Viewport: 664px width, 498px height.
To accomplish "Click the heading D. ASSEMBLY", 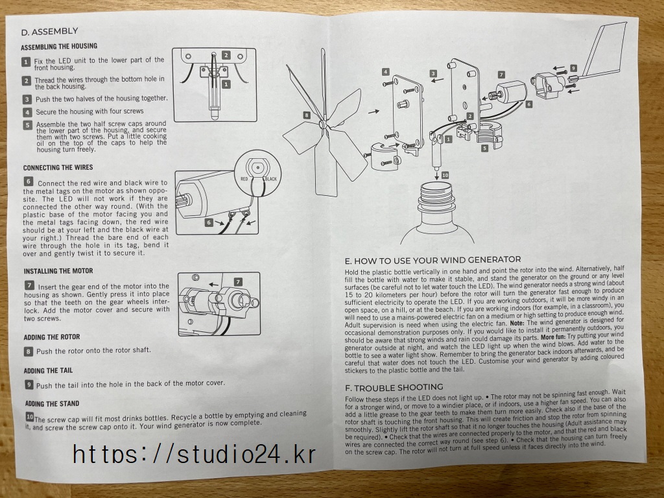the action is tap(49, 31).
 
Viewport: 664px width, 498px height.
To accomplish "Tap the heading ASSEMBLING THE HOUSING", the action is tap(59, 46).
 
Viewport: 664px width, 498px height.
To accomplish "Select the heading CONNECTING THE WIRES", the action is tap(58, 168).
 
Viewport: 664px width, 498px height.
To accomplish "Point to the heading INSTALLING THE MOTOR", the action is tap(58, 271).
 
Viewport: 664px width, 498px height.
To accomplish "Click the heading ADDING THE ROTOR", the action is tap(52, 337).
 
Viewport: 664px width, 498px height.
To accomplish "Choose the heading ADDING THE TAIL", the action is tap(48, 370).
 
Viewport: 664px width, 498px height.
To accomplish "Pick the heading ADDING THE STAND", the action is tap(52, 403).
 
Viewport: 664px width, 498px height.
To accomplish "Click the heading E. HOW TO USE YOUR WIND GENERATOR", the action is tap(433, 260).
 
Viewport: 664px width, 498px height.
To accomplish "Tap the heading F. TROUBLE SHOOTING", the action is tap(394, 388).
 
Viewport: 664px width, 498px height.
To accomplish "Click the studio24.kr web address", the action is tap(195, 455).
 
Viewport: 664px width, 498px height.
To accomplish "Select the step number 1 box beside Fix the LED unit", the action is tap(26, 62).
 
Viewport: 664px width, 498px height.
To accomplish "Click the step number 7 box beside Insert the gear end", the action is tap(29, 286).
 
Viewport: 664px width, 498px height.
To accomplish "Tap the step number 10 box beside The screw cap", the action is tap(29, 417).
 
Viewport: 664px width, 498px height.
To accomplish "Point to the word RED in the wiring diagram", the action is tap(244, 179).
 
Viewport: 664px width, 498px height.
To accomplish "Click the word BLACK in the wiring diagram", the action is tap(270, 179).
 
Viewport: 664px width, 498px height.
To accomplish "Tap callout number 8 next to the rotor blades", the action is tap(307, 115).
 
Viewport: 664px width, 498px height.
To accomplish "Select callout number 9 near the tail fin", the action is tap(573, 68).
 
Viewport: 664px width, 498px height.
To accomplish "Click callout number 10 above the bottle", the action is tap(445, 175).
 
